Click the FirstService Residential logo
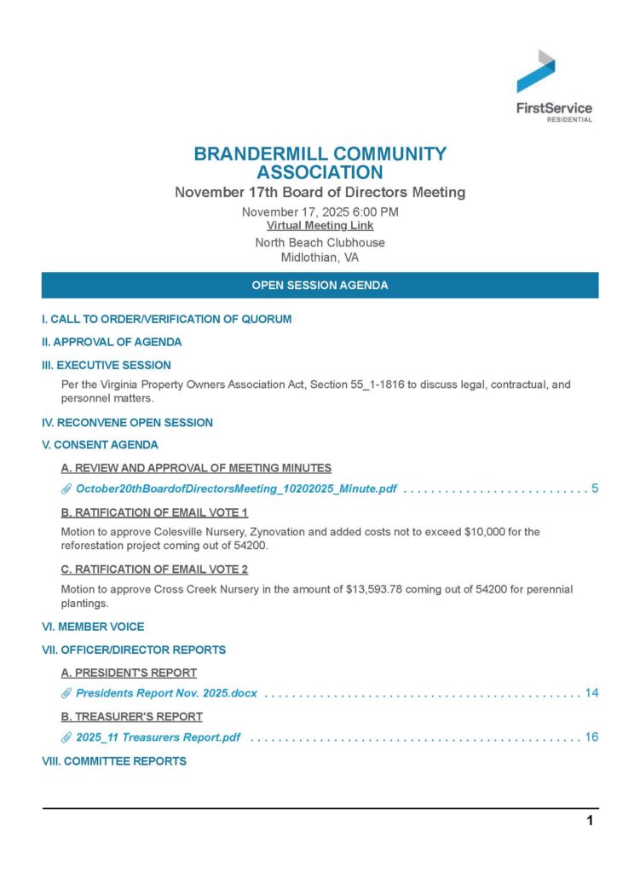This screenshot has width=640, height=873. pyautogui.click(x=553, y=85)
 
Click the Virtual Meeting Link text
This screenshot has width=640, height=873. pyautogui.click(x=320, y=226)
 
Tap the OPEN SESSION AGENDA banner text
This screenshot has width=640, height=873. pyautogui.click(x=320, y=286)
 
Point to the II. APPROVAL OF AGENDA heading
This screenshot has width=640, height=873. pyautogui.click(x=112, y=343)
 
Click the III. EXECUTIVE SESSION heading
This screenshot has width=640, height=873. pyautogui.click(x=107, y=366)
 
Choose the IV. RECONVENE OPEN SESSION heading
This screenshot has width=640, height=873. pyautogui.click(x=128, y=423)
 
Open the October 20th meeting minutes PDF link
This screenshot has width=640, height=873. pyautogui.click(x=236, y=489)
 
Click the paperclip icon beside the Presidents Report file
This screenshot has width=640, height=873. pyautogui.click(x=66, y=693)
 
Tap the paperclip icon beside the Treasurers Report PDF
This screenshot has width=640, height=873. pyautogui.click(x=66, y=737)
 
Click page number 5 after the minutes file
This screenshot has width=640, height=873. pyautogui.click(x=595, y=489)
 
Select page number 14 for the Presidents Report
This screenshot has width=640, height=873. pyautogui.click(x=591, y=693)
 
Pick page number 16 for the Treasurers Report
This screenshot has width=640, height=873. pyautogui.click(x=591, y=737)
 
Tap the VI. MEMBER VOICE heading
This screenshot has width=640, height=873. pyautogui.click(x=93, y=627)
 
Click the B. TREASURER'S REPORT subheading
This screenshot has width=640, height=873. pyautogui.click(x=132, y=716)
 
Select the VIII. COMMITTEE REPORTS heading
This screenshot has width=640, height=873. pyautogui.click(x=114, y=761)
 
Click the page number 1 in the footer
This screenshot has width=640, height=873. pyautogui.click(x=589, y=822)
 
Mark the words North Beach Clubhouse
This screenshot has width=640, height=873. pyautogui.click(x=320, y=243)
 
